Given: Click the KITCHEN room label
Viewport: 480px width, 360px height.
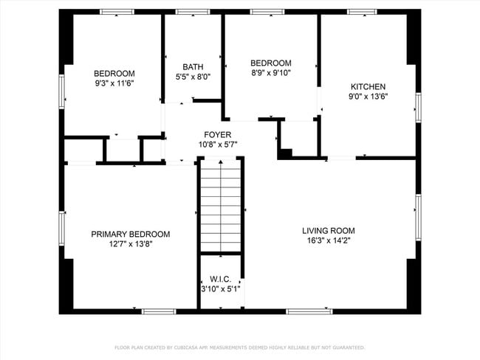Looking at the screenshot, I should pos(368,86).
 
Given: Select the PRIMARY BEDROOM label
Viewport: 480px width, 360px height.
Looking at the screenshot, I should pos(130,234).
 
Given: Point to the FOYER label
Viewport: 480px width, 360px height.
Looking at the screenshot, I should pos(218,134).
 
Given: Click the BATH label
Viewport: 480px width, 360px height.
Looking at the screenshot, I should pos(193,66).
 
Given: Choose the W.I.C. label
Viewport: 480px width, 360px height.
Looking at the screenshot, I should pos(221,279).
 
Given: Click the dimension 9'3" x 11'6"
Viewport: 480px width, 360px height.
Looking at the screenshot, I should pos(114,83).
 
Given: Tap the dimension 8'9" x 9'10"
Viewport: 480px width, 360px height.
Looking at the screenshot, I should pos(270,72).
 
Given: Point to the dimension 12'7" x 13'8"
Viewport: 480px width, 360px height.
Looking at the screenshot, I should pos(130,243).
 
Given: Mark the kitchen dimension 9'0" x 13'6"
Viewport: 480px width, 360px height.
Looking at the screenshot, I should pos(368,96).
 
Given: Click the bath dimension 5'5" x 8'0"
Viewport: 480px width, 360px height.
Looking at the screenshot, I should pos(193,76).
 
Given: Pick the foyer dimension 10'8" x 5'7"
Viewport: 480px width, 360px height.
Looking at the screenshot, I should pos(218,144).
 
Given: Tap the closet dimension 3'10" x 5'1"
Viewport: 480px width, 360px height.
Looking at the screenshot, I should pos(221,288).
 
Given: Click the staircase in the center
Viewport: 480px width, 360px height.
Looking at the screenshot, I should pos(221,207).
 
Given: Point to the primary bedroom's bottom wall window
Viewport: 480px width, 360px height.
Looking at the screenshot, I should pos(158,311).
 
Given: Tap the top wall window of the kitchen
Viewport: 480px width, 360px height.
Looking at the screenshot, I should pos(363,12).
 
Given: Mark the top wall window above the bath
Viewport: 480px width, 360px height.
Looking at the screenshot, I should pos(191,12).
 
